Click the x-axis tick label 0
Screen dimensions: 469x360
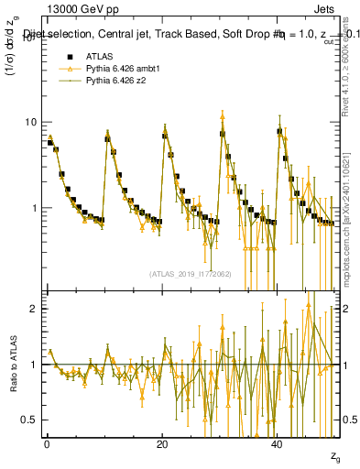pos(47,443)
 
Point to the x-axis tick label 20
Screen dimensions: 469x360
pos(163,443)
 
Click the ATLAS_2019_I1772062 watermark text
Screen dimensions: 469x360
pos(191,273)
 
